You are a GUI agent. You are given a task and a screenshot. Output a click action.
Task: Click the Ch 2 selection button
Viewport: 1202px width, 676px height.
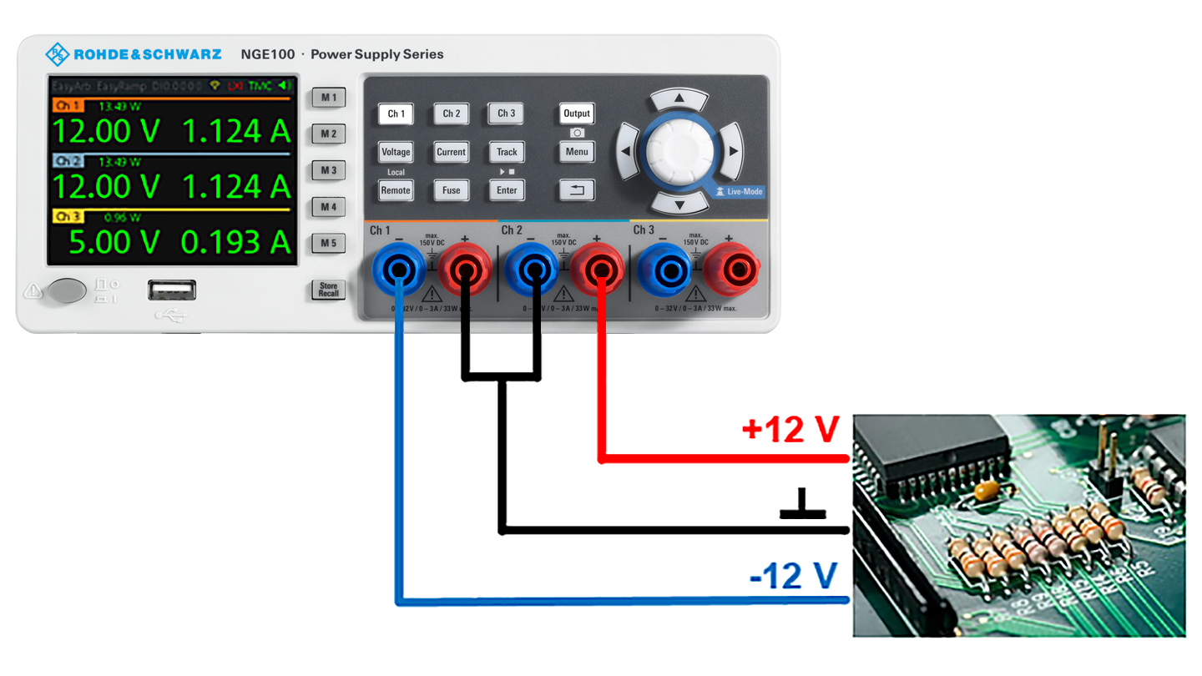(451, 114)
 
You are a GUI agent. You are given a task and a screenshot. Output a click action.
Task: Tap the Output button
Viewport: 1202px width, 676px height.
(576, 114)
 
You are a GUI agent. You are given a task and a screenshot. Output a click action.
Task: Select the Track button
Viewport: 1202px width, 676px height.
(507, 152)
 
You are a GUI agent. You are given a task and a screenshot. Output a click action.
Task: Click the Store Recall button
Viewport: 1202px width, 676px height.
(328, 290)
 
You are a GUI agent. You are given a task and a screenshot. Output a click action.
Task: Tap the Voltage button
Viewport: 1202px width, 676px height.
(396, 152)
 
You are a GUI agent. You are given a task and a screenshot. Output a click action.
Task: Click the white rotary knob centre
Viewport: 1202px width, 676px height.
(679, 151)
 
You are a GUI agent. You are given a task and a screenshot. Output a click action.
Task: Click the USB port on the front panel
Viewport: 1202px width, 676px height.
(172, 290)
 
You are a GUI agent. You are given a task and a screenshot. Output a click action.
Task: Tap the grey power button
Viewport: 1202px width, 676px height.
(67, 290)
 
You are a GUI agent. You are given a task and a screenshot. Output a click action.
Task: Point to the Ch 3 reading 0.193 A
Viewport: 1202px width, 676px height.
(235, 242)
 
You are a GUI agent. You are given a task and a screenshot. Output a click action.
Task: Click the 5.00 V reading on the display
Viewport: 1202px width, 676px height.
(114, 242)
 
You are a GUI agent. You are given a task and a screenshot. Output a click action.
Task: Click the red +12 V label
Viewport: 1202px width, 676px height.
(790, 430)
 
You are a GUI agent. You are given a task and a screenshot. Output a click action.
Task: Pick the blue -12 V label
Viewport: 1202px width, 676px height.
(793, 577)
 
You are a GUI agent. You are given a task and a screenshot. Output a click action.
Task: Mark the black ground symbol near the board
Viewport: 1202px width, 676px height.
(802, 505)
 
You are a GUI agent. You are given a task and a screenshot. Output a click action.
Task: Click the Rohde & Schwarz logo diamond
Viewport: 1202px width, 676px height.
(57, 54)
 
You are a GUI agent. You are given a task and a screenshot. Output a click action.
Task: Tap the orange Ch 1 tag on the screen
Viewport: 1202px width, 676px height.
(67, 106)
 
